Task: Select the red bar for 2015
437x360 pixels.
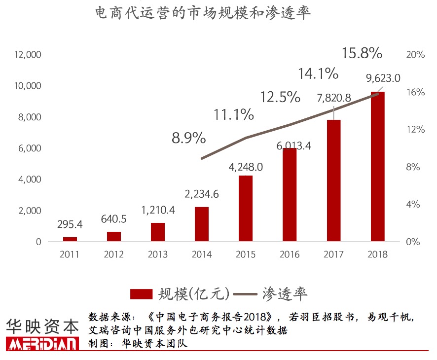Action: (x=246, y=209)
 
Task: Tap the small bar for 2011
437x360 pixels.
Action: (x=70, y=239)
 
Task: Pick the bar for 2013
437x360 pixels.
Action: (x=158, y=232)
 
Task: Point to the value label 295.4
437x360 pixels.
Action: (x=70, y=225)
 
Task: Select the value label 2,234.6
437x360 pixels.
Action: (x=202, y=194)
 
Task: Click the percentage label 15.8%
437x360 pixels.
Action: (x=362, y=53)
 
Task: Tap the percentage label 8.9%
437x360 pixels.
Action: (x=188, y=138)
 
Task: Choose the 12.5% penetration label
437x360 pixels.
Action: (x=280, y=97)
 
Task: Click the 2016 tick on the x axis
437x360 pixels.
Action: (x=290, y=254)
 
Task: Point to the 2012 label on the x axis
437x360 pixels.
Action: (x=114, y=254)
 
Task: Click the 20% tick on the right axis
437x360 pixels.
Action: (x=415, y=55)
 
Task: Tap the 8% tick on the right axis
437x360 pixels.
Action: (x=413, y=167)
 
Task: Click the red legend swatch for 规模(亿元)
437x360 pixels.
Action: (x=142, y=294)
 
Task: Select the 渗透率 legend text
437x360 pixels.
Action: (x=286, y=294)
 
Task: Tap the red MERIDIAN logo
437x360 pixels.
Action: (x=42, y=344)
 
